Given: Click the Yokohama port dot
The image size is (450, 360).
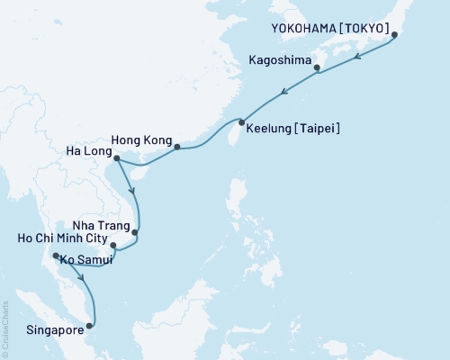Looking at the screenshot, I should [393, 35].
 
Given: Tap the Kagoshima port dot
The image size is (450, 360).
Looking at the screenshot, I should [316, 67].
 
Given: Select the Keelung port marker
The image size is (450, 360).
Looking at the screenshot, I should [241, 121].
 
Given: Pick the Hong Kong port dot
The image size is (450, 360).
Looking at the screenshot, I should [176, 147].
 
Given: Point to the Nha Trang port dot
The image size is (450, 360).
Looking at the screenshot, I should [135, 233].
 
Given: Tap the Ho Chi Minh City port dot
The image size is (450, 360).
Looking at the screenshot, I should [112, 244].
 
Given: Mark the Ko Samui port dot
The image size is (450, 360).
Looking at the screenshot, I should [56, 256].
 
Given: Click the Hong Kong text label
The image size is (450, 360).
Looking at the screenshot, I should [139, 140].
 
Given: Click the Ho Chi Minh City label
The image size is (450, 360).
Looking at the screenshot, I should [56, 241].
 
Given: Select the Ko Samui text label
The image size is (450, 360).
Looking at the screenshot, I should [87, 261].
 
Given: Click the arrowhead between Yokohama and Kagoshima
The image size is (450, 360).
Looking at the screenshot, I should [357, 55].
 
